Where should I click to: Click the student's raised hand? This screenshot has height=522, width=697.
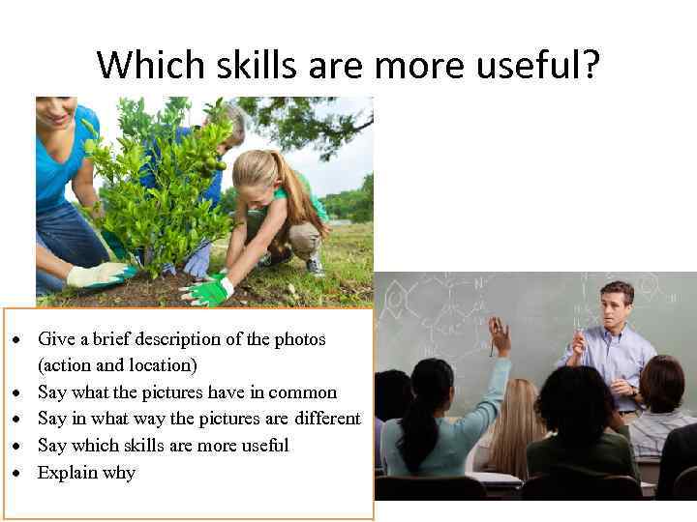point(499,335)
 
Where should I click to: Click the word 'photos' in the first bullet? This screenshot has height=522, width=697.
point(301,339)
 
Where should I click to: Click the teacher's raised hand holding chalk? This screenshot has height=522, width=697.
point(578,340)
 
